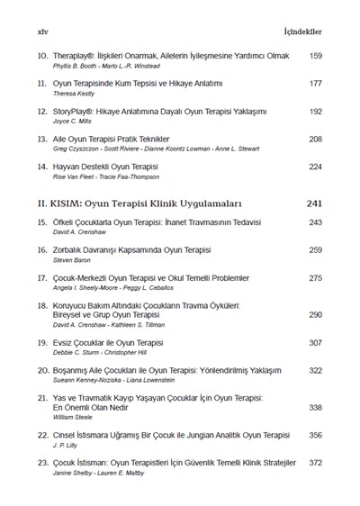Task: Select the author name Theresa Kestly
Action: tap(78, 94)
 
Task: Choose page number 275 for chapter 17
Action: tap(314, 278)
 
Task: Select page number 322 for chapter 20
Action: tap(314, 370)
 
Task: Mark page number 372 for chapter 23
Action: tap(314, 463)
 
